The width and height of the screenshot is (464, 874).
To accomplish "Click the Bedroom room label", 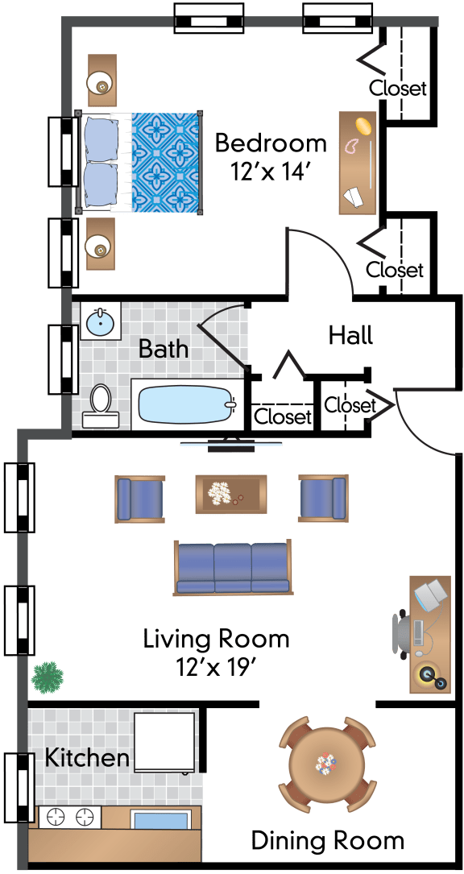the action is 271,144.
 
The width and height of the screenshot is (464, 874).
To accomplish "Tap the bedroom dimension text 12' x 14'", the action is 269,171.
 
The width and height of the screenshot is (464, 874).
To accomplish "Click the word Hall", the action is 350,336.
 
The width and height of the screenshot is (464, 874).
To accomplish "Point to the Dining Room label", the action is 327,839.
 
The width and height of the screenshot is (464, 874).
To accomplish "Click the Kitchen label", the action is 86,757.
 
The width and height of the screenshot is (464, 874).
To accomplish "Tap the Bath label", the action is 163,350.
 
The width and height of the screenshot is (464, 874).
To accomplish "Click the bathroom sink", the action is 101,321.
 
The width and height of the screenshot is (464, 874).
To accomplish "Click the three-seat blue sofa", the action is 232,567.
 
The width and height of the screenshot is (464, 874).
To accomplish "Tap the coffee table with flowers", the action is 231,493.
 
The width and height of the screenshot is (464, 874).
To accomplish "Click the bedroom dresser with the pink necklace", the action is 358,163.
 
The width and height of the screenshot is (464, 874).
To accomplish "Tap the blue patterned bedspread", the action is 165,162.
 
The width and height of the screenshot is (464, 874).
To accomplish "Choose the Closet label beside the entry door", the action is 350,404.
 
